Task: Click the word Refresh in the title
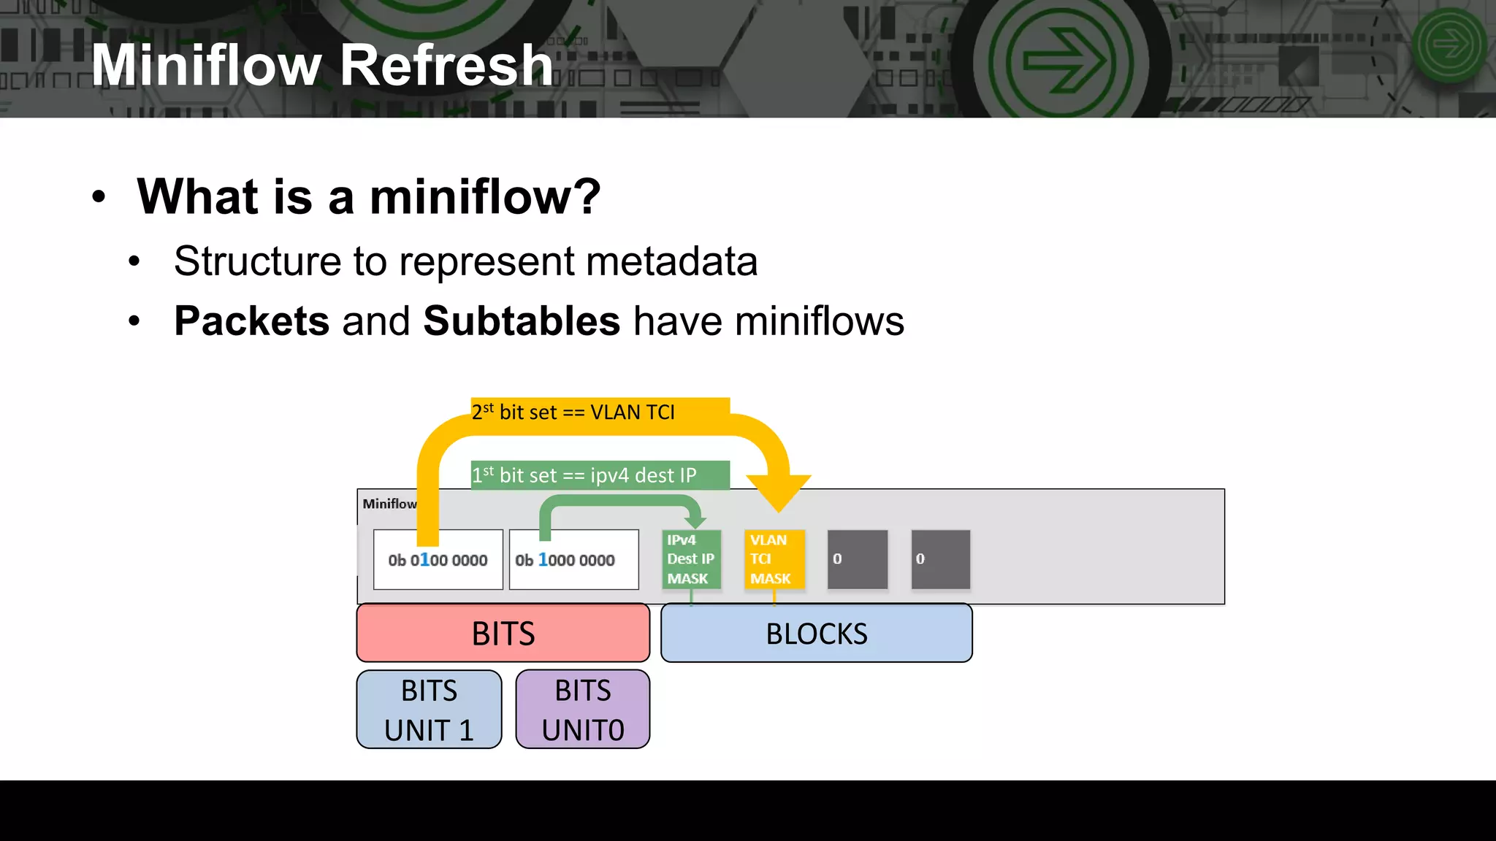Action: coord(446,66)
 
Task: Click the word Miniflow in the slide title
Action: coord(206,66)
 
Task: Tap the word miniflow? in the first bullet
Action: coord(485,197)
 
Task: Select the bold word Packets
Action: coord(251,321)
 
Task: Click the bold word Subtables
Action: coord(522,321)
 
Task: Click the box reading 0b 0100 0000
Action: coord(438,560)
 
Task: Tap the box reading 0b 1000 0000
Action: coord(573,560)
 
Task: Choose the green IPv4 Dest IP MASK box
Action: coord(691,559)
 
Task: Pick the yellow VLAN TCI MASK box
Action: coord(774,559)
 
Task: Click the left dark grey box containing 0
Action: coord(857,559)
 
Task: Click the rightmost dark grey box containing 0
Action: coord(940,559)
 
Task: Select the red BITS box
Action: coord(503,633)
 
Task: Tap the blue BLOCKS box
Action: coord(816,633)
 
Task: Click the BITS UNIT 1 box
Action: coord(429,710)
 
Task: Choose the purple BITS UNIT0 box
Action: coord(582,710)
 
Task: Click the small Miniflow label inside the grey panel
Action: coord(389,504)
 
